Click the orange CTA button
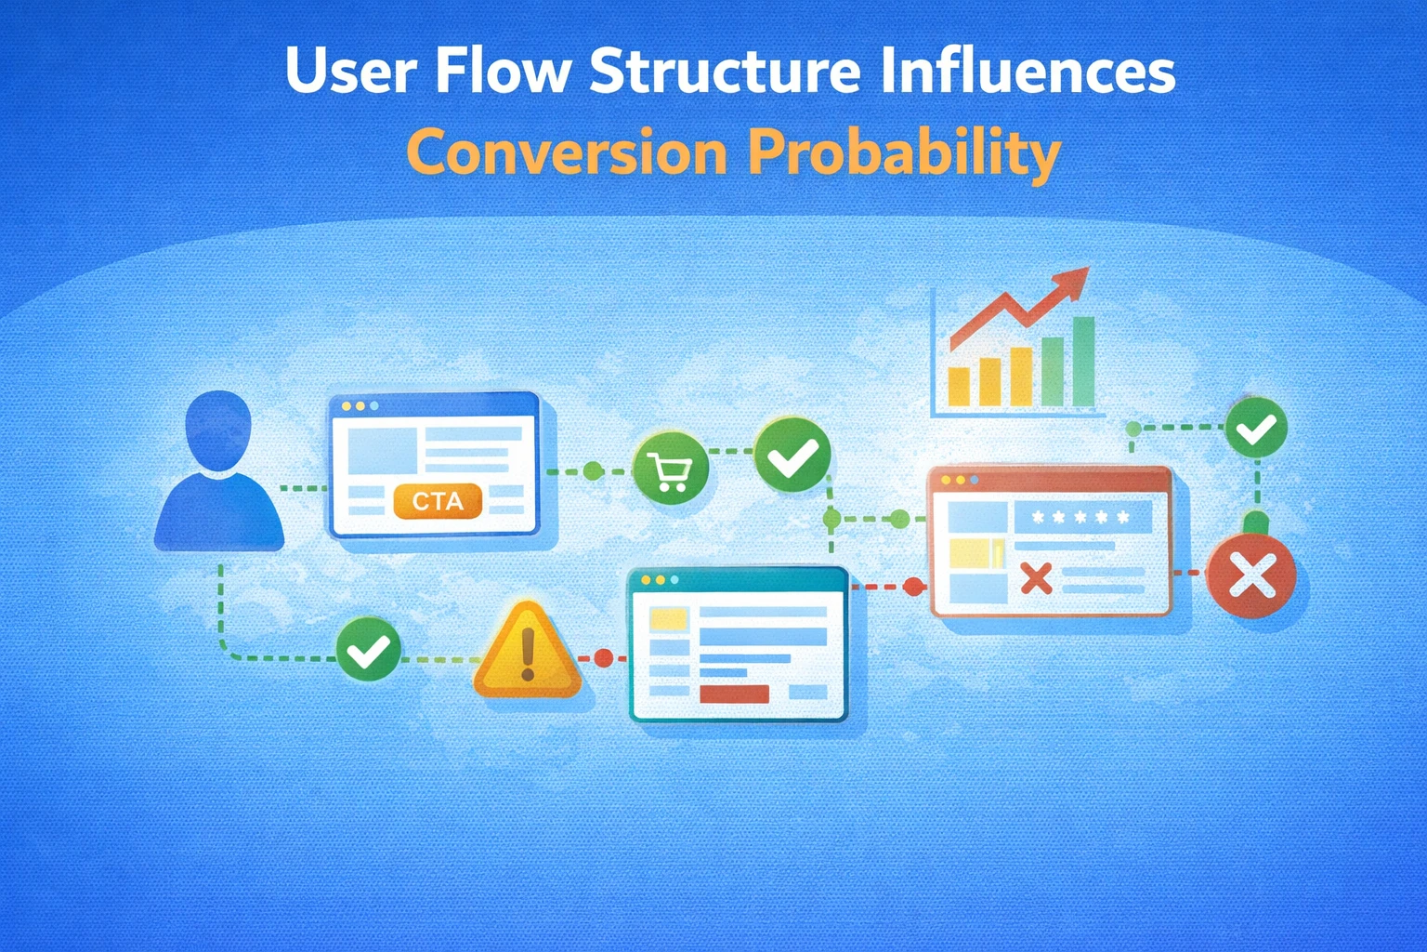tap(438, 501)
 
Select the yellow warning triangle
tap(527, 651)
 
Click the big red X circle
tap(1250, 576)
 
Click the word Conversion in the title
tap(567, 152)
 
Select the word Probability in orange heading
tap(904, 152)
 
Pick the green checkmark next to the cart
tap(792, 456)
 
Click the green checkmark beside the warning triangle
tap(368, 649)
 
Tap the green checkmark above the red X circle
tap(1256, 428)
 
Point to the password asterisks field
tap(1082, 517)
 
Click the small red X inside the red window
tap(1036, 578)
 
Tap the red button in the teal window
tap(734, 694)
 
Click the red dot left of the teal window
tap(603, 658)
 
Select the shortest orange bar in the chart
tap(958, 386)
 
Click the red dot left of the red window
tap(913, 586)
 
